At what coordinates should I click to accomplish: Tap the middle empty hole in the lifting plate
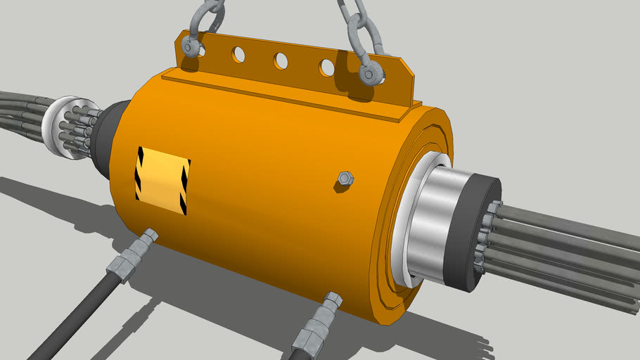click(281, 61)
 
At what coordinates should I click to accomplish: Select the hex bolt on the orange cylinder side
click(344, 179)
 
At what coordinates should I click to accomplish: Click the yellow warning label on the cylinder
click(162, 180)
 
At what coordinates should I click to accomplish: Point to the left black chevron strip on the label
click(139, 173)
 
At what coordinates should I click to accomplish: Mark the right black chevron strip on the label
click(184, 187)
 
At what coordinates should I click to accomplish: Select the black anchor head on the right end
click(475, 233)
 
